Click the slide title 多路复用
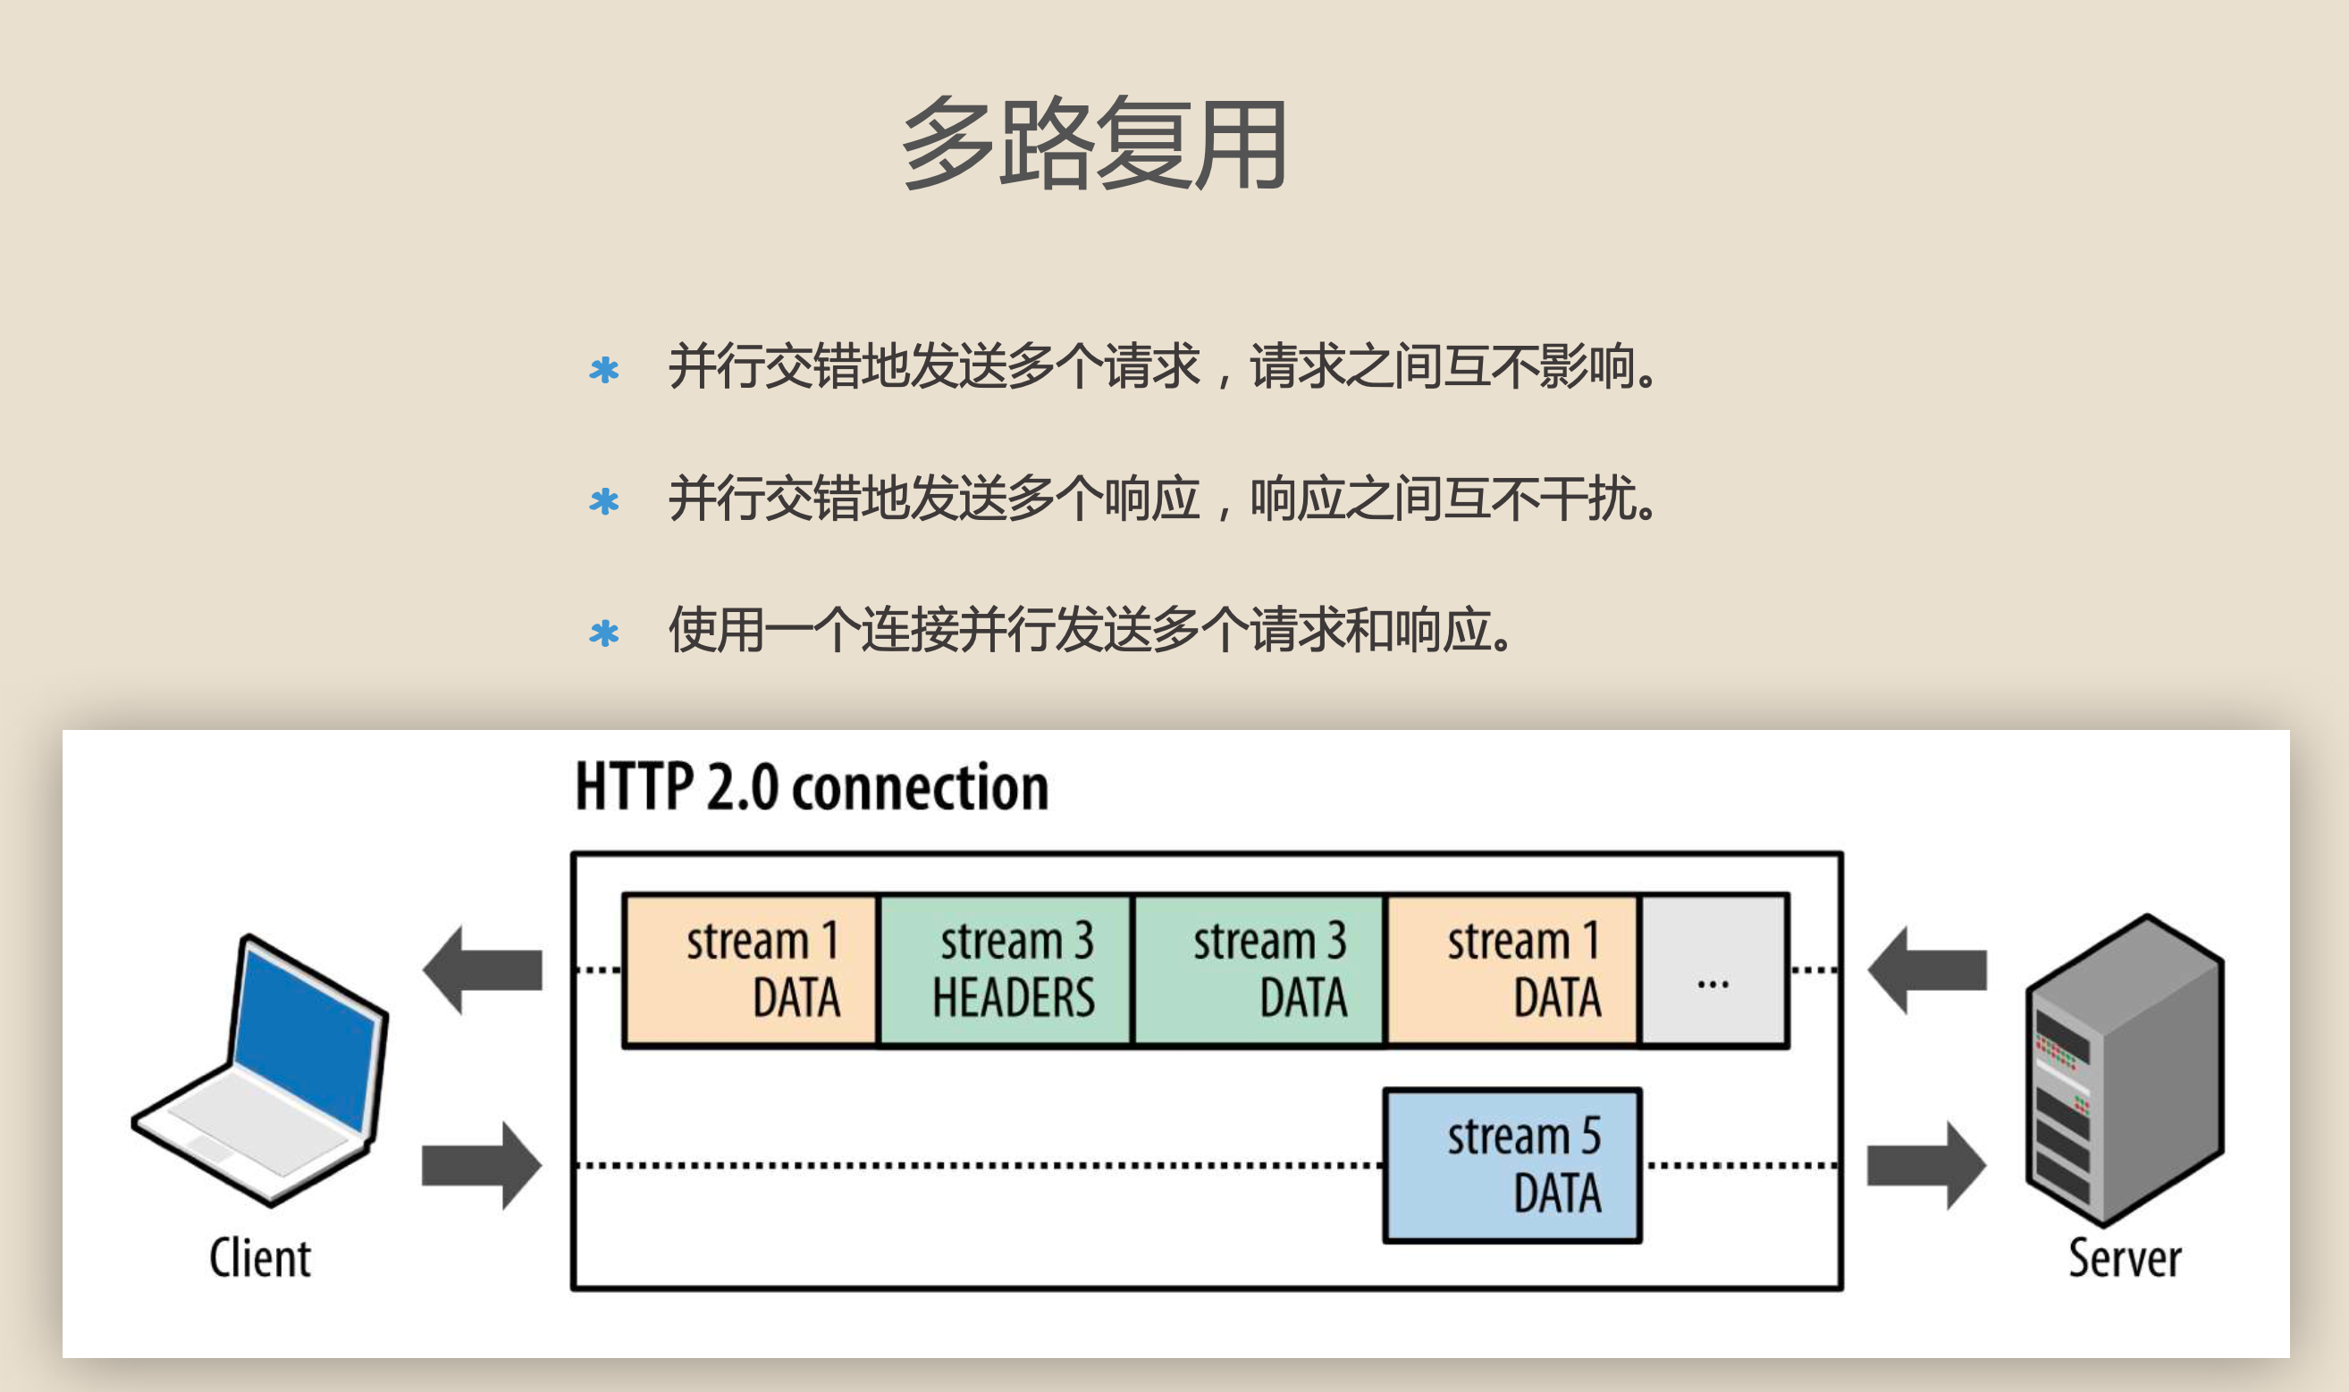click(x=1094, y=144)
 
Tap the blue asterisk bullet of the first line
click(x=604, y=370)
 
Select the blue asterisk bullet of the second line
click(x=604, y=501)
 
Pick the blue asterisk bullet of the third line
click(x=604, y=633)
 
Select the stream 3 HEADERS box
click(x=1006, y=970)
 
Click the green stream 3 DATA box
click(x=1259, y=970)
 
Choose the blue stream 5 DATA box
click(x=1512, y=1165)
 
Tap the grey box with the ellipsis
click(x=1713, y=970)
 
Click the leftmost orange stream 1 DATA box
click(x=751, y=970)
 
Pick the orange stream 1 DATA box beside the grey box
click(x=1512, y=970)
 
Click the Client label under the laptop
click(x=260, y=1258)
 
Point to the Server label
click(x=2125, y=1258)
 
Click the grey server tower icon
click(x=2125, y=1069)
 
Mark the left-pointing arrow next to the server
click(x=1927, y=970)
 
